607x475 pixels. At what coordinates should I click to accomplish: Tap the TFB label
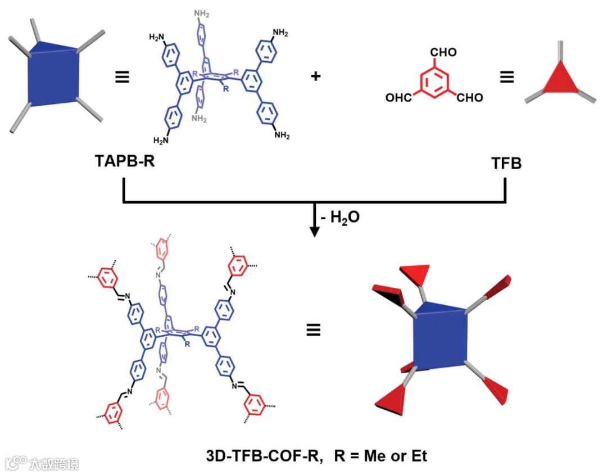[x=506, y=164]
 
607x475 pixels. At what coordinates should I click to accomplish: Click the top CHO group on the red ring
[x=443, y=53]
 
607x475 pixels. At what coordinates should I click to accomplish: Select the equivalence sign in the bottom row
[x=313, y=330]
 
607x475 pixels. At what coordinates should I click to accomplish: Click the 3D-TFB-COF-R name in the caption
[x=264, y=455]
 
